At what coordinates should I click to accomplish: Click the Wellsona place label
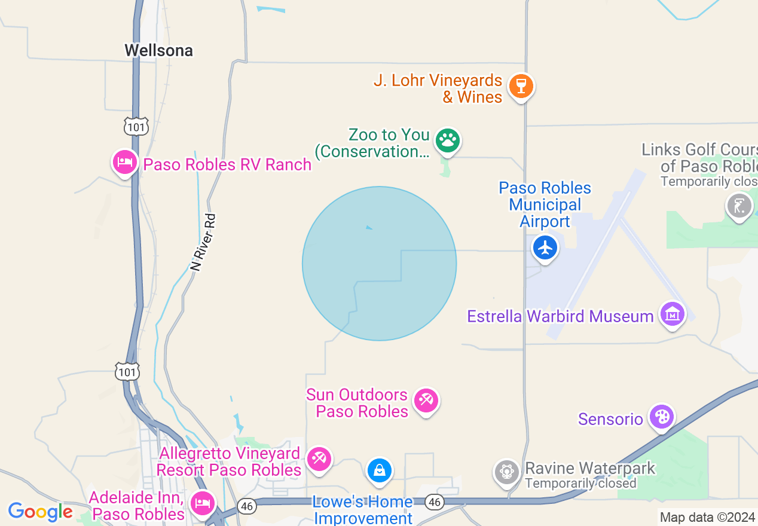(x=158, y=51)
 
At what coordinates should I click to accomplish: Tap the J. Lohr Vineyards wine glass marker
(x=521, y=86)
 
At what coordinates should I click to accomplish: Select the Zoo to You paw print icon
(x=447, y=141)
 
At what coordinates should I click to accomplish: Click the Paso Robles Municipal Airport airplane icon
(x=545, y=247)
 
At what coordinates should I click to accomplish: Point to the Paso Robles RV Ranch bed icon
(x=124, y=162)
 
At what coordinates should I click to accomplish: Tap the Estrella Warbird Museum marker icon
(x=673, y=313)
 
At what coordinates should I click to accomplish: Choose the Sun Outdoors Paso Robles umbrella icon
(x=426, y=400)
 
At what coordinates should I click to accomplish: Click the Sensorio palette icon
(x=661, y=417)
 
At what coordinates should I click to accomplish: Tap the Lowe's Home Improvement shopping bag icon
(x=379, y=470)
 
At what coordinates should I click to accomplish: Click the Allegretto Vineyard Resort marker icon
(x=319, y=460)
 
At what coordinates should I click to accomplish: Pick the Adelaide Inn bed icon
(x=202, y=503)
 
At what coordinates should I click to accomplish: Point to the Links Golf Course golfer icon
(x=739, y=206)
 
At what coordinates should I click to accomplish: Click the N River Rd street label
(x=203, y=243)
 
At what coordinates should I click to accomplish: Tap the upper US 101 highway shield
(x=135, y=126)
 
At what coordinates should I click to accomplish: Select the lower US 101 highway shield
(x=128, y=372)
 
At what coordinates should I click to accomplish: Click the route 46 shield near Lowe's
(x=435, y=502)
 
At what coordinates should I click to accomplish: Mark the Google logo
(x=40, y=512)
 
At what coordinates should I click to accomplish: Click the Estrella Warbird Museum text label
(x=560, y=316)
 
